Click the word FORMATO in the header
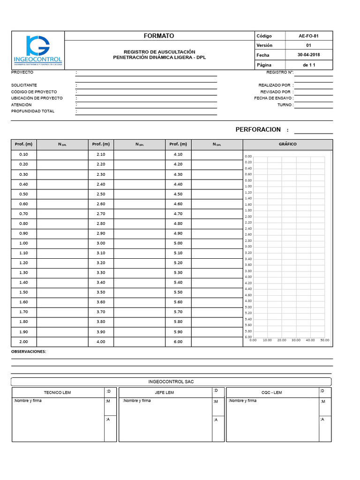point(158,36)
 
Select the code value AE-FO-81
point(308,36)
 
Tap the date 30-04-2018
point(308,55)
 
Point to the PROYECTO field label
point(22,73)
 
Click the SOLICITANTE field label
point(24,85)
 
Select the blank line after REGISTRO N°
point(313,73)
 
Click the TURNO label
point(285,105)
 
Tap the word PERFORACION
point(258,129)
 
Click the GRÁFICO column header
point(287,144)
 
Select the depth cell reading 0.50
point(23,194)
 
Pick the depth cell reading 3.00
point(101,243)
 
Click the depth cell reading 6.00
point(178,342)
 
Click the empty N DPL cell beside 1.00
point(62,243)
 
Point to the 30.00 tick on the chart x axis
point(296,340)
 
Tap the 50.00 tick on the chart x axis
point(324,340)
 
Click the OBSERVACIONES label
point(29,351)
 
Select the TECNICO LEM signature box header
point(57,392)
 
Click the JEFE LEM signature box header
point(164,392)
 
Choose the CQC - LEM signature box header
point(272,392)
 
